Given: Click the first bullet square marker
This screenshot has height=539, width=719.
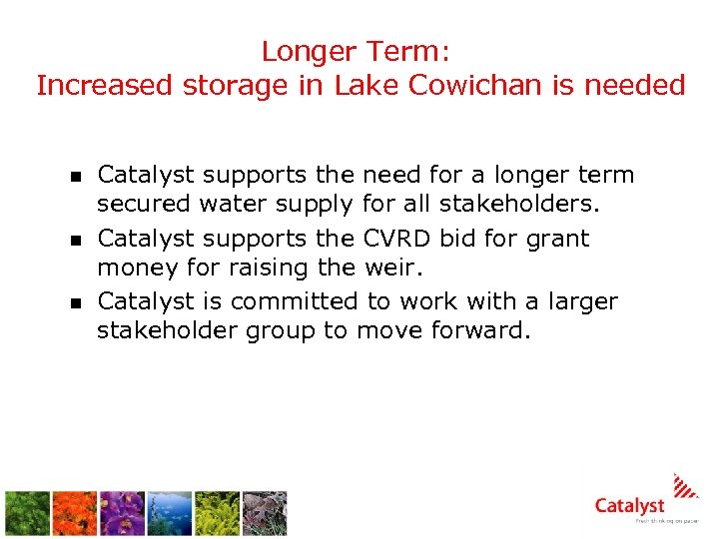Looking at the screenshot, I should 73,178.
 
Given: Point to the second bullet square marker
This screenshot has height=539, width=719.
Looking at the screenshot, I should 73,241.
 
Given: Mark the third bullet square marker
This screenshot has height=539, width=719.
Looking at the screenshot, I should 73,303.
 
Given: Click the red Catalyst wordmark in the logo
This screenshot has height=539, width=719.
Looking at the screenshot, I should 629,506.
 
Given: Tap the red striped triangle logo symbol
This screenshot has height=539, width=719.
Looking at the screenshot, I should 685,486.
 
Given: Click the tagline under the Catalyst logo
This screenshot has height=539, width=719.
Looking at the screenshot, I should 667,522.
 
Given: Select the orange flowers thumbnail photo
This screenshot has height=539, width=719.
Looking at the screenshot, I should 76,513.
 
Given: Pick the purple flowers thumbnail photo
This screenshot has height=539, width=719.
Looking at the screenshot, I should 122,513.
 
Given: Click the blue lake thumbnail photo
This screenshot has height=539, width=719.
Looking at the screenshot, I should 170,513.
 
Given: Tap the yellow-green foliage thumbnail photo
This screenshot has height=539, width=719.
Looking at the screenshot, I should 217,513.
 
